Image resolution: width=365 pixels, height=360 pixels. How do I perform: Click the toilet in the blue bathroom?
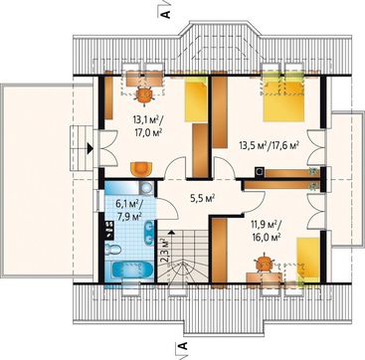coord(113,249)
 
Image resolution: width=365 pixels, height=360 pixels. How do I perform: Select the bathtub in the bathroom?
coord(132,270)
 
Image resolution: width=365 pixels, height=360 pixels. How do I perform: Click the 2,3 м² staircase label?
coord(165,247)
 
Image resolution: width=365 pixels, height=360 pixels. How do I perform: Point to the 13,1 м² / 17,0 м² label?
coord(146,125)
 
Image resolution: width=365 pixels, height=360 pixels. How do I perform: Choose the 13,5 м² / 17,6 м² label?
coord(269,145)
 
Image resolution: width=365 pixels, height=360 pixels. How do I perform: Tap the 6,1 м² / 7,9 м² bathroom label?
coord(129,210)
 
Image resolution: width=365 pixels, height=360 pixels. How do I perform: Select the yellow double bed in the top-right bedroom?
coord(283,96)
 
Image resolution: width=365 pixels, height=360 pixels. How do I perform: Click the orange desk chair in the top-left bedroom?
coord(145,94)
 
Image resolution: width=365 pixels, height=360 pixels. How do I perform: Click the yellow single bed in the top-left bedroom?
coord(196,100)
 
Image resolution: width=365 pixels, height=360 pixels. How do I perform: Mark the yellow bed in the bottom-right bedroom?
coord(308,258)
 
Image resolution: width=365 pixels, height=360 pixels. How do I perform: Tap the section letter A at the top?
coord(166,14)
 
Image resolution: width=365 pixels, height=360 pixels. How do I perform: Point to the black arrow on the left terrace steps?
coord(90,148)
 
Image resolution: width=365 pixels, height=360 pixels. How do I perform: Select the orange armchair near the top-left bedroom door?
coord(141,168)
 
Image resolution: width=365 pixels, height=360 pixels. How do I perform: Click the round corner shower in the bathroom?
coord(145,188)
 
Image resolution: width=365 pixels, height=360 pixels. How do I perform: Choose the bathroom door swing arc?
coord(168,209)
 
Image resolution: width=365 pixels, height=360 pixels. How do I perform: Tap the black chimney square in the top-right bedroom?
coord(260,171)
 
